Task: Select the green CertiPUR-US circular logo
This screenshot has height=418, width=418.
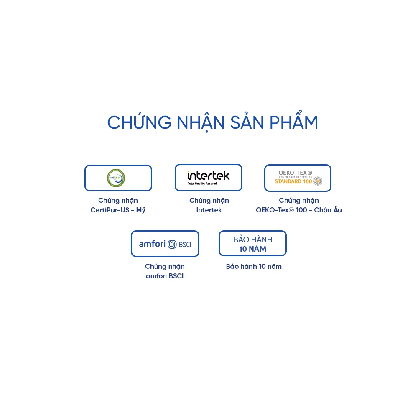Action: click(x=116, y=178)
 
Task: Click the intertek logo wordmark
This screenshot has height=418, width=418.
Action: click(x=209, y=176)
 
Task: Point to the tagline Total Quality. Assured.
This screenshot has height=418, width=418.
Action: click(x=202, y=184)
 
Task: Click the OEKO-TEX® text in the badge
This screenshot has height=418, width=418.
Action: click(x=295, y=173)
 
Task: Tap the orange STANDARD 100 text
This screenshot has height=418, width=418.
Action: click(x=293, y=181)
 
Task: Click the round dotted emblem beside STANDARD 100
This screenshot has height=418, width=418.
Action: click(x=318, y=181)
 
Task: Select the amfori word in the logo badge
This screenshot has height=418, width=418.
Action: click(x=152, y=244)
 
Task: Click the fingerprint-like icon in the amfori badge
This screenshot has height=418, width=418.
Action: click(x=172, y=244)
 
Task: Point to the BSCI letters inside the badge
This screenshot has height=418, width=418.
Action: click(x=185, y=244)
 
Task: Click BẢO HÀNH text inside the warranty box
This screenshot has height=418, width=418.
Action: click(x=252, y=240)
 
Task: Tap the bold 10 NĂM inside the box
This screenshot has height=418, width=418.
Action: click(x=252, y=249)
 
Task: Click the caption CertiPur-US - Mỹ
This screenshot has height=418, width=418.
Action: click(x=118, y=210)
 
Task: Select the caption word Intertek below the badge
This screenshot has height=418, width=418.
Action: click(x=209, y=210)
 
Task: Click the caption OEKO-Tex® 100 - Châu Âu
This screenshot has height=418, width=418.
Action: click(x=298, y=210)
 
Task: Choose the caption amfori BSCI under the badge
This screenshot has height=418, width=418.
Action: click(x=165, y=276)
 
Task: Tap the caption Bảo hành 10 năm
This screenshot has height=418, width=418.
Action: click(x=254, y=266)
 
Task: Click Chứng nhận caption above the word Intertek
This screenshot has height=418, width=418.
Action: click(x=209, y=200)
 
